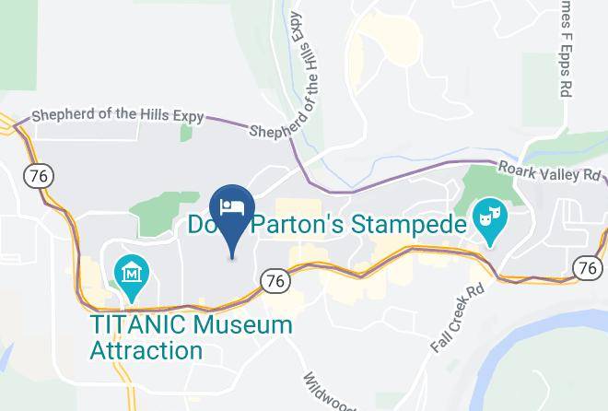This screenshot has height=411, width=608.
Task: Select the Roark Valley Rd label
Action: pyautogui.click(x=552, y=172)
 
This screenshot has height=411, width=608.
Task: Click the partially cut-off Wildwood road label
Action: pyautogui.click(x=322, y=391)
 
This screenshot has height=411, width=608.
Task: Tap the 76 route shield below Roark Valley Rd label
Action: pyautogui.click(x=586, y=266)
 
